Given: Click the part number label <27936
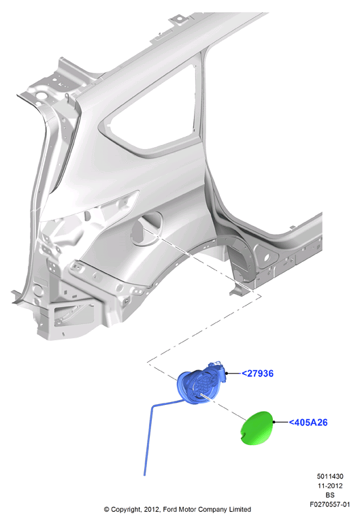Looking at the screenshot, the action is [x=257, y=374].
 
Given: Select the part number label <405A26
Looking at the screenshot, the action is [x=308, y=423].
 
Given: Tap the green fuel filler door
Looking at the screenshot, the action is [x=257, y=428].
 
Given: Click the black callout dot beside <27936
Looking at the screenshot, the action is [x=227, y=374].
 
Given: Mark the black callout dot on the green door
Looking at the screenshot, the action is [x=274, y=422].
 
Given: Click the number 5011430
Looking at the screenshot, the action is [x=330, y=476].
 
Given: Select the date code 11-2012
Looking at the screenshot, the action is [x=330, y=486].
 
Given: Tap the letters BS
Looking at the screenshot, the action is [x=330, y=495].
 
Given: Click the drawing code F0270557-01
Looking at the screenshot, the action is [x=330, y=504].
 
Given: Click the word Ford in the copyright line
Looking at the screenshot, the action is [x=170, y=509].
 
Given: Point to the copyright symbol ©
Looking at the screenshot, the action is [x=107, y=510].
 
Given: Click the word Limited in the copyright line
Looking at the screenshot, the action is [x=240, y=509].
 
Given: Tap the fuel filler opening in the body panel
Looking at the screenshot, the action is [x=146, y=228].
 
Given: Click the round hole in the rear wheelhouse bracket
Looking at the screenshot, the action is [x=266, y=258].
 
